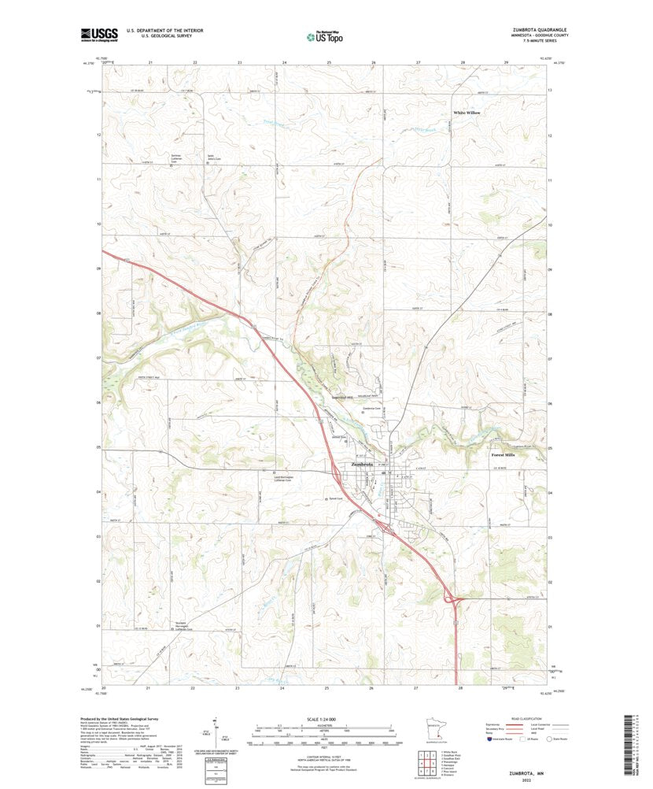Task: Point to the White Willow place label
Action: (466, 113)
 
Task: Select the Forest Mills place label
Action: (503, 455)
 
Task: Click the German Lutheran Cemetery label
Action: (182, 159)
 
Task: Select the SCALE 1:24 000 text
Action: (319, 720)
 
